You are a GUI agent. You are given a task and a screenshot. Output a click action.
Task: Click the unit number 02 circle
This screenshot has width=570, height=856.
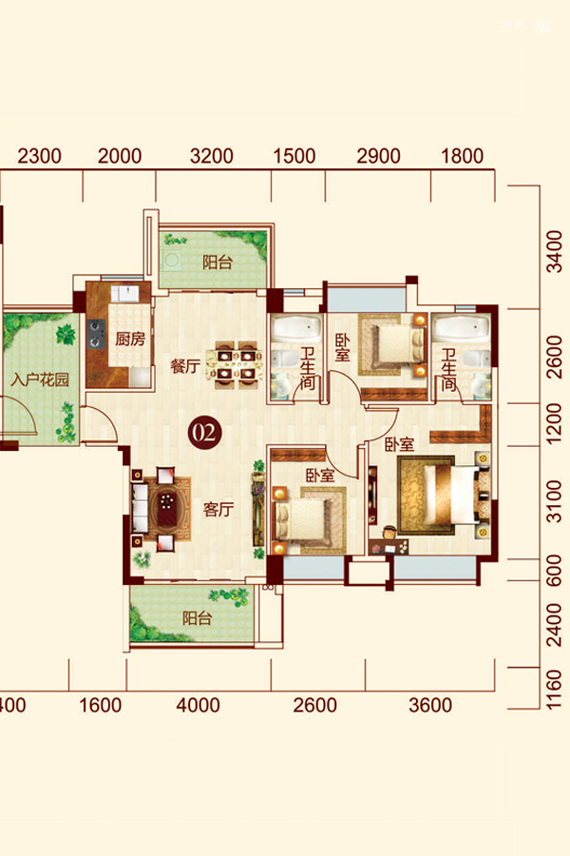(205, 433)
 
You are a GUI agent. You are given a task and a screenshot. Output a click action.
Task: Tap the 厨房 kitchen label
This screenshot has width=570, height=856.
(130, 339)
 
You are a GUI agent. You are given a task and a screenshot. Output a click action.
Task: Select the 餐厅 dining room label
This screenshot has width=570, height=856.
(185, 366)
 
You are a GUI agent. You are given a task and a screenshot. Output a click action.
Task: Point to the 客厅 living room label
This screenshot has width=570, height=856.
(218, 510)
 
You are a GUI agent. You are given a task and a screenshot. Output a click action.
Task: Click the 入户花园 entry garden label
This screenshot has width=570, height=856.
(40, 379)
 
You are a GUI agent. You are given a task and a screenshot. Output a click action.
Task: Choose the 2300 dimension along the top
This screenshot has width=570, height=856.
(39, 156)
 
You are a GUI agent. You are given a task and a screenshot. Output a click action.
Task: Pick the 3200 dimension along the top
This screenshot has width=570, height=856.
(212, 156)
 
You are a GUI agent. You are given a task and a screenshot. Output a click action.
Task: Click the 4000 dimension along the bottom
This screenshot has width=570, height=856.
(198, 705)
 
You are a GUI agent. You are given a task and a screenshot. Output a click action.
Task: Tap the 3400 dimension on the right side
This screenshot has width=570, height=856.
(554, 251)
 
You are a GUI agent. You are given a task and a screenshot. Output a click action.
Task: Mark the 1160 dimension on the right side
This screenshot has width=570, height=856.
(554, 689)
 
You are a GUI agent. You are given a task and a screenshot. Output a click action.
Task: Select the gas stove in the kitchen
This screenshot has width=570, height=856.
(96, 334)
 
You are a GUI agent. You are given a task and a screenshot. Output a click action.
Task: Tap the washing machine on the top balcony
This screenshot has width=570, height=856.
(172, 261)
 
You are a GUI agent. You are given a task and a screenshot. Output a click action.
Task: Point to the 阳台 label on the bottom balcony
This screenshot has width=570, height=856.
(197, 618)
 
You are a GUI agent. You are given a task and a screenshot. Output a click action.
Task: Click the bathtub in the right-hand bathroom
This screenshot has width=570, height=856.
(462, 329)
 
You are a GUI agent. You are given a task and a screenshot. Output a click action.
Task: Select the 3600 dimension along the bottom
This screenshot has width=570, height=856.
(430, 705)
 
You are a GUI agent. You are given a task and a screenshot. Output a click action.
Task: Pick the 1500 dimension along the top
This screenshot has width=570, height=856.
(294, 156)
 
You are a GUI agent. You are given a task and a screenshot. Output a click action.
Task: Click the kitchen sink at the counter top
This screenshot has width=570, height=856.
(126, 293)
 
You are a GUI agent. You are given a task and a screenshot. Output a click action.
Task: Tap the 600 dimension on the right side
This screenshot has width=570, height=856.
(554, 570)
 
